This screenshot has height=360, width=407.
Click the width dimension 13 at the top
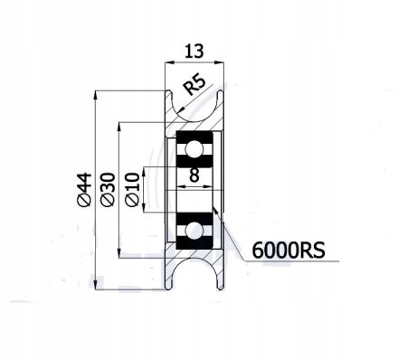point(192,51)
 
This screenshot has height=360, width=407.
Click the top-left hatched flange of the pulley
point(170,113)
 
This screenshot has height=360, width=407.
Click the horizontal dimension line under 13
point(192,63)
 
